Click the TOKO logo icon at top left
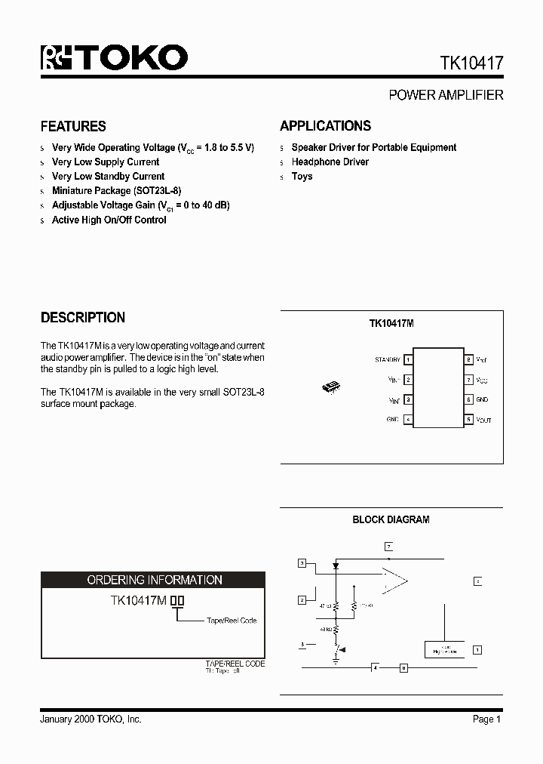tap(55, 58)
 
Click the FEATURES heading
tap(73, 126)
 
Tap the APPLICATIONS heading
tap(325, 126)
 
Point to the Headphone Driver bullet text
tap(330, 162)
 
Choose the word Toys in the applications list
tap(302, 176)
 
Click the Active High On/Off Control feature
tap(109, 220)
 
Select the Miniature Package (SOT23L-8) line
tap(116, 191)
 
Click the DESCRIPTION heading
tap(83, 317)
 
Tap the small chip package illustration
tap(331, 388)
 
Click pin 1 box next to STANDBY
tap(408, 360)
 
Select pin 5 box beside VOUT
tap(468, 419)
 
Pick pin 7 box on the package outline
tap(468, 380)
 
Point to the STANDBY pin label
tap(388, 360)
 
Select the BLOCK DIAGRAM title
tap(391, 519)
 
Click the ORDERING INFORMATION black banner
tap(154, 580)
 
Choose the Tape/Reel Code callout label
tap(232, 621)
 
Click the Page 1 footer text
tap(487, 719)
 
